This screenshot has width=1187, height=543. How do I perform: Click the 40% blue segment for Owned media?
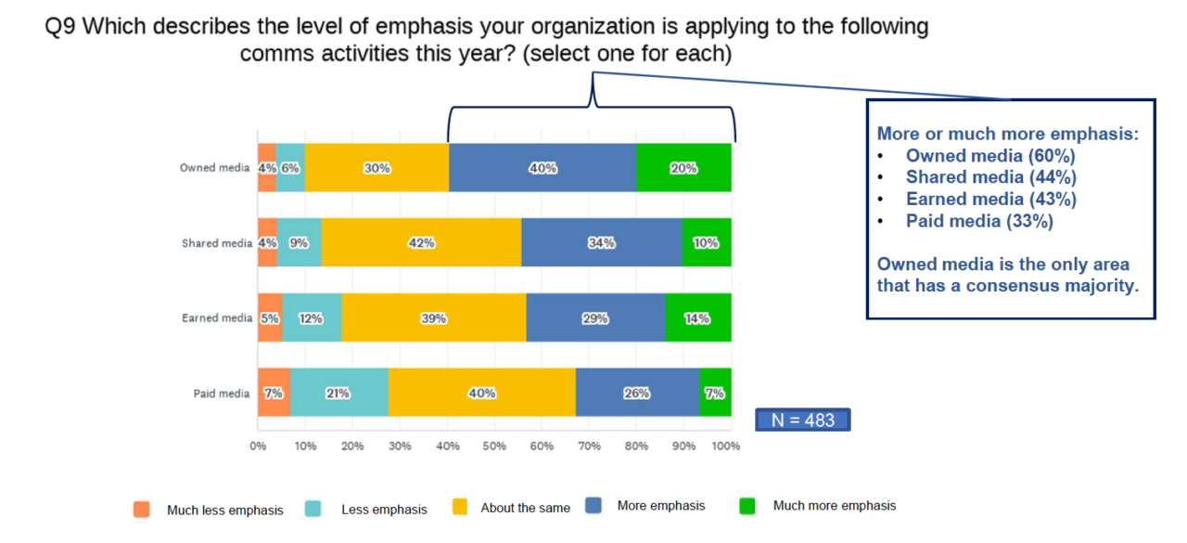click(542, 168)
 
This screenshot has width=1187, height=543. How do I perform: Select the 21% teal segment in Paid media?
click(338, 393)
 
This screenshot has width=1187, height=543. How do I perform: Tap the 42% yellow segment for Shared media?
click(423, 243)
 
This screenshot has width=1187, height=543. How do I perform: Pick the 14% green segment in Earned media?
click(697, 317)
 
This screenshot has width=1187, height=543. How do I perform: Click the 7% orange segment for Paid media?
click(274, 393)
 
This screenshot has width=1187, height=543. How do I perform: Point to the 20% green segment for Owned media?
click(683, 168)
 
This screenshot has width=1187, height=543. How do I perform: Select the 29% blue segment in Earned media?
click(595, 317)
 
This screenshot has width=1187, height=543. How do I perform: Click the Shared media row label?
click(217, 243)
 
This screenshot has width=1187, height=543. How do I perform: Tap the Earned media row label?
click(217, 317)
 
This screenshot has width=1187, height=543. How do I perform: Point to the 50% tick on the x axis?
click(494, 446)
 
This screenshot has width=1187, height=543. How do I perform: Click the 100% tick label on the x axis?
click(726, 446)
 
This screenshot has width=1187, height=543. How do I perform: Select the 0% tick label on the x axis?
click(258, 446)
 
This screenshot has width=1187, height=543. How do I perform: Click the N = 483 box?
click(803, 420)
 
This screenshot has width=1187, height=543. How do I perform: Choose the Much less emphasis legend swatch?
click(141, 509)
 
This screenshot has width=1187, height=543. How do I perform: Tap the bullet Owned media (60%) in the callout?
click(990, 156)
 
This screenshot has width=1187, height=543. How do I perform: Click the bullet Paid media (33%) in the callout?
click(979, 221)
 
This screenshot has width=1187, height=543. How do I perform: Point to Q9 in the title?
click(61, 26)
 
